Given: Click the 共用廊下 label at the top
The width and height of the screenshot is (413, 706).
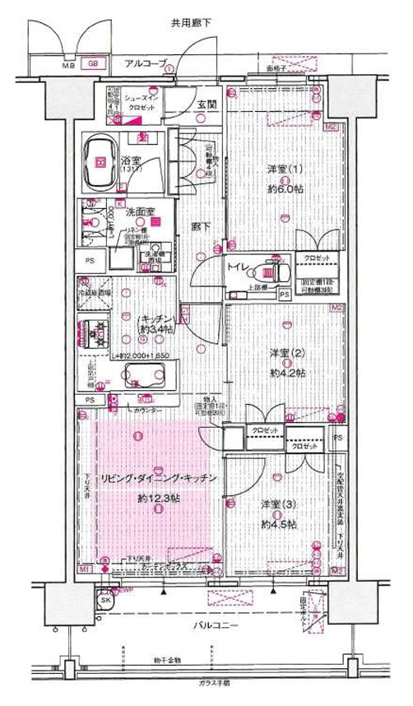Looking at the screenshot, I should click(192, 24).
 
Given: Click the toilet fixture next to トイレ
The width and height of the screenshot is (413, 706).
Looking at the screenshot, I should click(268, 269).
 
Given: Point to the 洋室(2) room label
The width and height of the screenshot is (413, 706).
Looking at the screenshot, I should click(282, 353).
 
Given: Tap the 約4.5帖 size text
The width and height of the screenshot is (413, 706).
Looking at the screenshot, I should click(276, 523).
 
